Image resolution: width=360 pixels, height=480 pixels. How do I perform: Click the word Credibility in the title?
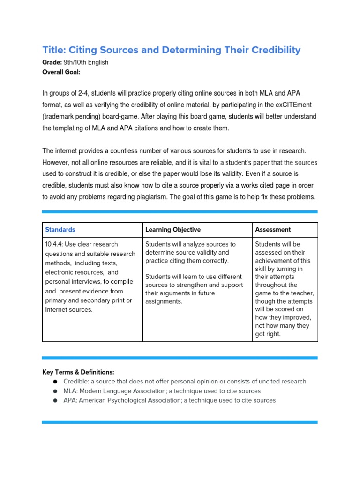point(272,50)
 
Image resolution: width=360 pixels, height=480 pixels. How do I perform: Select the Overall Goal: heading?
point(61,72)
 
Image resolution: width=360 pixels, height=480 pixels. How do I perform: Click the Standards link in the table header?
point(60,230)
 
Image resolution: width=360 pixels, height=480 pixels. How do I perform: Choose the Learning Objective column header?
point(173,230)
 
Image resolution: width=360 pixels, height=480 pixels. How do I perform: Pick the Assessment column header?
point(273,230)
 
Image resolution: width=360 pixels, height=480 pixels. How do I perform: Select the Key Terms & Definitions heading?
point(78,372)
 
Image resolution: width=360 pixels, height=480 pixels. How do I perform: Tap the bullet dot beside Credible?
point(55,382)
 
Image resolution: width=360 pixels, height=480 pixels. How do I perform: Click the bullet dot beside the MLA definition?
point(55,391)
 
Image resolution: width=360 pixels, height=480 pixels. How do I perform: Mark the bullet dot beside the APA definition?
point(55,401)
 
